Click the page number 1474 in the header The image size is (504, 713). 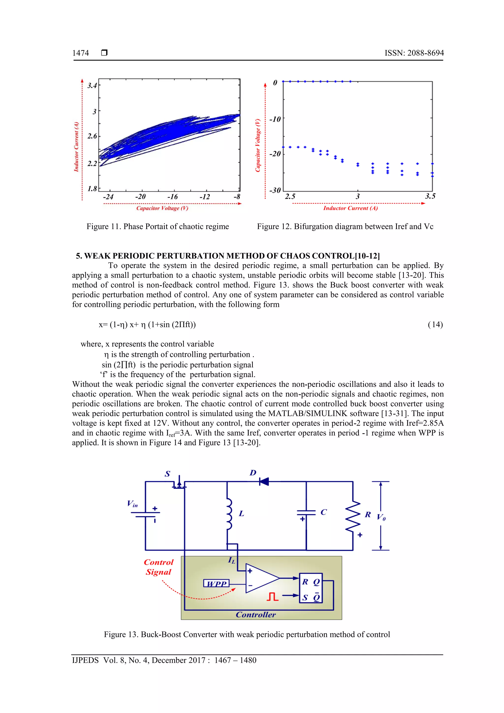point(80,53)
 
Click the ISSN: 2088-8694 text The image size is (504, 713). point(414,53)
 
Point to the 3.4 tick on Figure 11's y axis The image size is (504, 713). point(92,85)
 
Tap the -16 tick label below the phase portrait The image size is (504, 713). point(172,197)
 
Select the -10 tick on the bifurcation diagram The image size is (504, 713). point(275,119)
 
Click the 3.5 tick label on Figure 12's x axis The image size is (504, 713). point(430,196)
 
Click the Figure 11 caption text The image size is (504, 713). point(157,226)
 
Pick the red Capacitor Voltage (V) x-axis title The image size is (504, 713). point(162,208)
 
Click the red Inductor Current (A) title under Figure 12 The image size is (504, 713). point(350,208)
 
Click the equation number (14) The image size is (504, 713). point(435,325)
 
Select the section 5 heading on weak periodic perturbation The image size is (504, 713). point(228,256)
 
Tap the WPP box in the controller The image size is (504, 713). point(217,584)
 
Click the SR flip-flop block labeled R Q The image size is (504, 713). point(311,588)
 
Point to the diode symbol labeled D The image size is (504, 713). point(264,482)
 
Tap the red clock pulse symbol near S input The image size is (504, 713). point(273,596)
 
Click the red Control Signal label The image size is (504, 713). point(158,567)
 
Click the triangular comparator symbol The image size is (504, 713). point(260,578)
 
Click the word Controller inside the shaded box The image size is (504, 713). point(256,615)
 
